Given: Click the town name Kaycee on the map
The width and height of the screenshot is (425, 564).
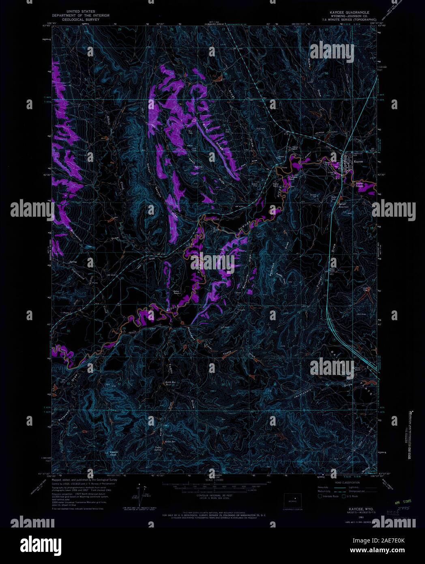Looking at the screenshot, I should pos(358,161).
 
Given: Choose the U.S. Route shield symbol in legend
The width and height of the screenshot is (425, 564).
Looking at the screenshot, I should pos(344,496).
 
